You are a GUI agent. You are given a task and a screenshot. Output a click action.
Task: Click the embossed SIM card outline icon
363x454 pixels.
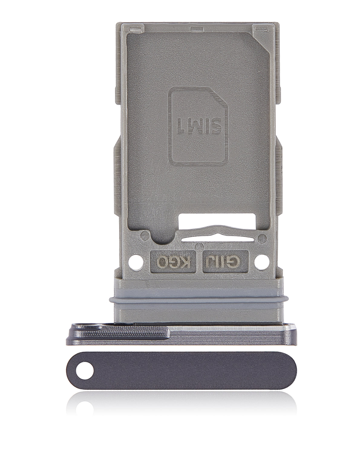198,124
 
